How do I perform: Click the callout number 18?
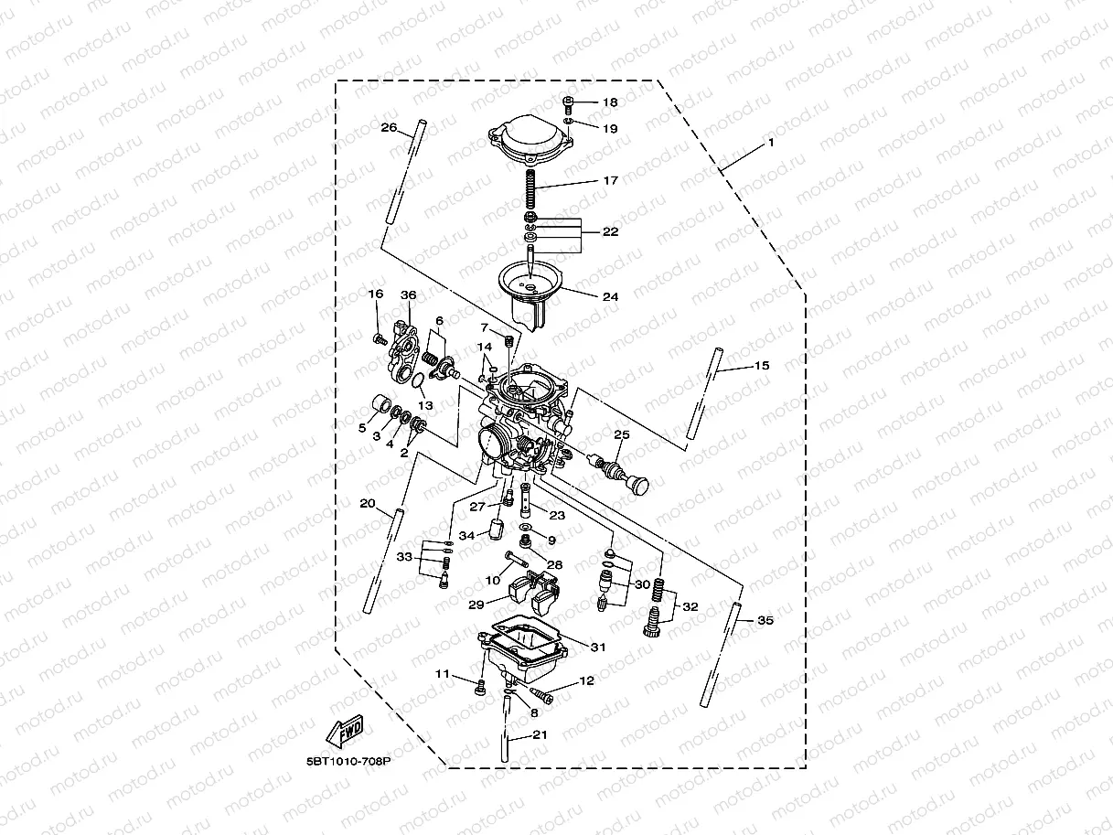[610, 102]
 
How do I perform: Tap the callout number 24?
[610, 296]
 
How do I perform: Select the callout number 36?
[408, 294]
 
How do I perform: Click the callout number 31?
[598, 647]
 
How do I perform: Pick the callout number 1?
[770, 143]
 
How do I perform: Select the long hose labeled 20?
[383, 560]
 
